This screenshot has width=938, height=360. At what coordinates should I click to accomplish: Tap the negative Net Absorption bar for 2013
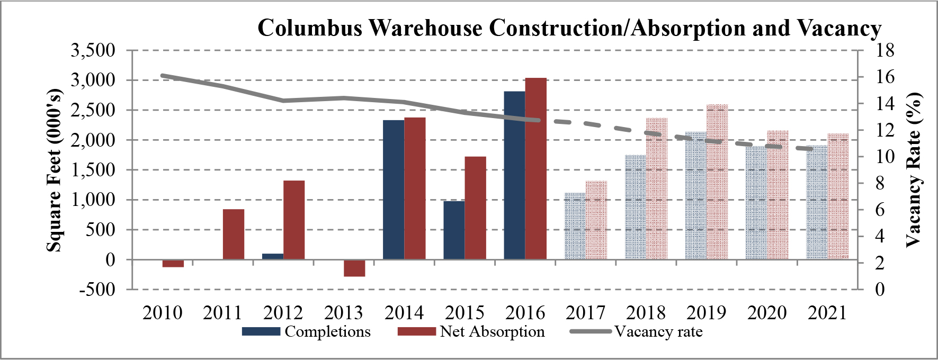point(354,268)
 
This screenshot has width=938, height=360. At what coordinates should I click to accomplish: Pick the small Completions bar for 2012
point(273,256)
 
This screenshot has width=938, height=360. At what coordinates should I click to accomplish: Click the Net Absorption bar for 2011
point(234,234)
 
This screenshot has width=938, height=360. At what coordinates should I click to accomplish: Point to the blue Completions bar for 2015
point(454,230)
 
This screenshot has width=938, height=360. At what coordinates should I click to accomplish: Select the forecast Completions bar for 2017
point(575,226)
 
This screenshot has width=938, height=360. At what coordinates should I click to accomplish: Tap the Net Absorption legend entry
point(471,332)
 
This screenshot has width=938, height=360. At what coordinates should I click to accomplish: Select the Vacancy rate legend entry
point(636,332)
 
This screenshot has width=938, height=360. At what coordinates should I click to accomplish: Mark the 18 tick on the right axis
point(884,51)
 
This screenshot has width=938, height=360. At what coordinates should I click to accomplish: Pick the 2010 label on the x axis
point(162,313)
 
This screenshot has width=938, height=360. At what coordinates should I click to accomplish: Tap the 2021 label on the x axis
point(827,313)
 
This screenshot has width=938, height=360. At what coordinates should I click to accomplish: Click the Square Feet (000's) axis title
point(54,170)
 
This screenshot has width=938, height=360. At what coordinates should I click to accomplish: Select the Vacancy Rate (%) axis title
point(913,170)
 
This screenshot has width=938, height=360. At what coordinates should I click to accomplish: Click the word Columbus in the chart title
point(310,28)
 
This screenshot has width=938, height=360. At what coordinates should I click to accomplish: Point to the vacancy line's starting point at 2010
point(163,76)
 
